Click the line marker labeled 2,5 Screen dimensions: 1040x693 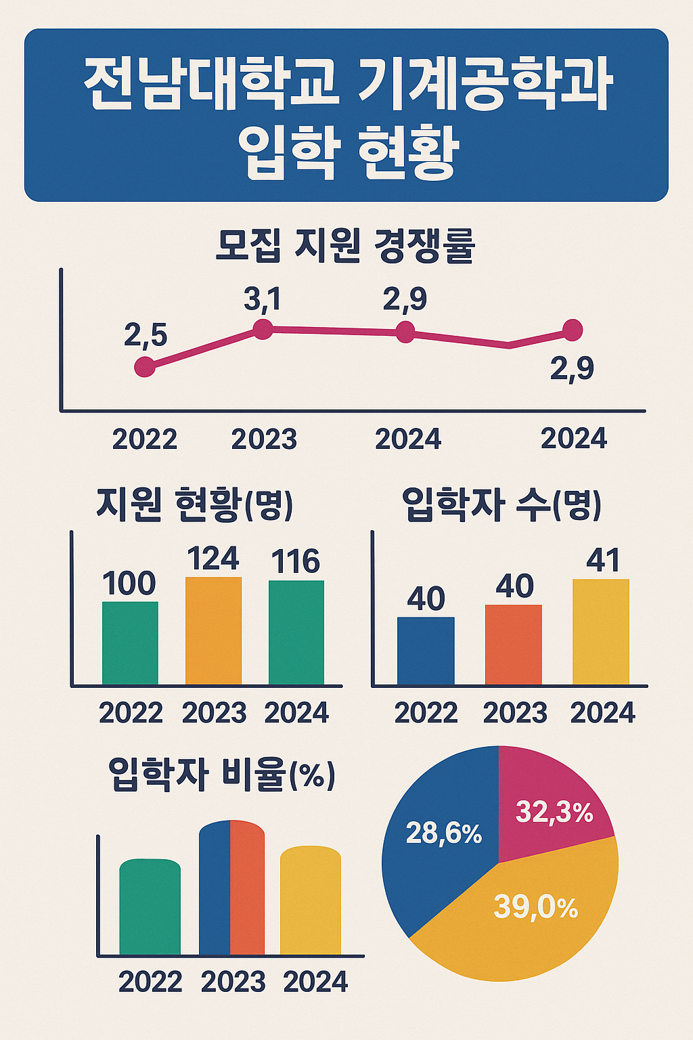(145, 367)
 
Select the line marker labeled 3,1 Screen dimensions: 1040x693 (263, 329)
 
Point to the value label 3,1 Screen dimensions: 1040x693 (263, 299)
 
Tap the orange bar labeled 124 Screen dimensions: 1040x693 (213, 630)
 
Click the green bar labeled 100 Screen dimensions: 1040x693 (130, 643)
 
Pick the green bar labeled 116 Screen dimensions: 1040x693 (296, 632)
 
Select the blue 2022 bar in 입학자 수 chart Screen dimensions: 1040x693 (426, 651)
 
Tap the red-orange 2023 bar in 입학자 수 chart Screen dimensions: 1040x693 (514, 645)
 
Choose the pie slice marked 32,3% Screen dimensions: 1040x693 (552, 802)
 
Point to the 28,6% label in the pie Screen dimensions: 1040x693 (443, 833)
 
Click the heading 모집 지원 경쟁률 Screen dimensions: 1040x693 (345, 245)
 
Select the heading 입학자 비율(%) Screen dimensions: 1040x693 (221, 775)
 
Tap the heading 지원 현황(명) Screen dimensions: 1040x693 (194, 504)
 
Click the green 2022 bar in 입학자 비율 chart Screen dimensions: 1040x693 (150, 907)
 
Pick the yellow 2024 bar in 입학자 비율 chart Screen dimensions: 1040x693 (311, 901)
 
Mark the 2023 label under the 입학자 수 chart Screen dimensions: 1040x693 (515, 713)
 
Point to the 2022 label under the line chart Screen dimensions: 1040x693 (145, 439)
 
